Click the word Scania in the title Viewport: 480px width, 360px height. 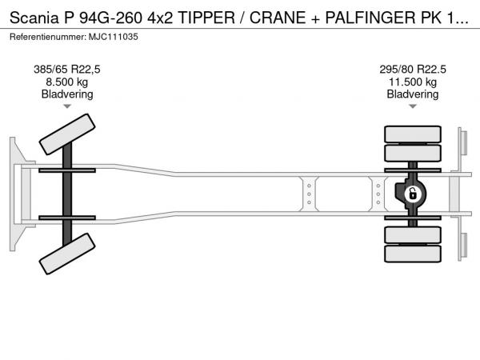click(x=34, y=18)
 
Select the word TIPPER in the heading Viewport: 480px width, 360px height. click(x=206, y=18)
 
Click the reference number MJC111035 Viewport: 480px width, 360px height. click(x=114, y=37)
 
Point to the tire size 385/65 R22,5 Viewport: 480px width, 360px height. click(x=67, y=70)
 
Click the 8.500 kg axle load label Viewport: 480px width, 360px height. click(x=67, y=82)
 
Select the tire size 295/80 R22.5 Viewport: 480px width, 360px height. click(x=413, y=70)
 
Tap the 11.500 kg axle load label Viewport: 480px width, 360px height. click(x=413, y=82)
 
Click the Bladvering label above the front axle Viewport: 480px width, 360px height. click(x=67, y=94)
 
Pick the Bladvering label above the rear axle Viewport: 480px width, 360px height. click(x=413, y=94)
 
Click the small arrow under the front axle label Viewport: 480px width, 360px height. click(x=67, y=106)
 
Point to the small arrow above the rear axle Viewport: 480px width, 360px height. click(x=413, y=106)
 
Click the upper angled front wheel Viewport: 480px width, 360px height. click(x=67, y=134)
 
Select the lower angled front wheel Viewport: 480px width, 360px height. click(x=67, y=254)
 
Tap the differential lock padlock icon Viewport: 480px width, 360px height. click(x=413, y=194)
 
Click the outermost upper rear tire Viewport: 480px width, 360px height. click(x=413, y=134)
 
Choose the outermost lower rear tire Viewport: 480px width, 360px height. click(x=413, y=254)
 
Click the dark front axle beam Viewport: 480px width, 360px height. click(x=67, y=194)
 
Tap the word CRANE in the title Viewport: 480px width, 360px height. click(x=278, y=18)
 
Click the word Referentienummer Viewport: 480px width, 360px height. click(x=48, y=37)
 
